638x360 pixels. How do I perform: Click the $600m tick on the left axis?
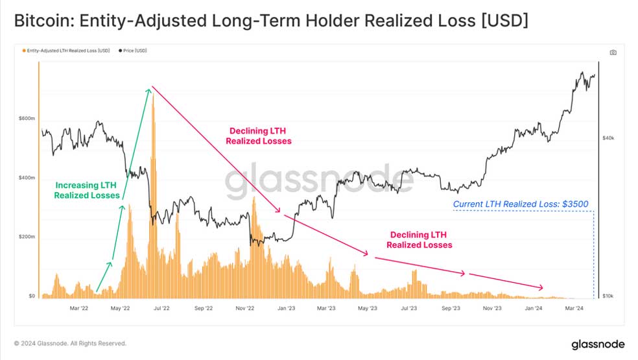(27, 119)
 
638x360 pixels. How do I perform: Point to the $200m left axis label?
(27, 237)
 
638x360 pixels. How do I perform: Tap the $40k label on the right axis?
(608, 138)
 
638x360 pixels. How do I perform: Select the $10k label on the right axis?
(608, 296)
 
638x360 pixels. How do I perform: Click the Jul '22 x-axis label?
(161, 308)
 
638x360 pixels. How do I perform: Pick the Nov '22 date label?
(244, 308)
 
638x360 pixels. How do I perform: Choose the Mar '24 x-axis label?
(574, 308)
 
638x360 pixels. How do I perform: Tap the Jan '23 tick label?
(286, 308)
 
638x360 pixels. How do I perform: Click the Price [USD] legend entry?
(133, 51)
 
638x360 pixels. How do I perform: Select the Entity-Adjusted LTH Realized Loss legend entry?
(66, 51)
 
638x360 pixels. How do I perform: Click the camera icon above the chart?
(613, 53)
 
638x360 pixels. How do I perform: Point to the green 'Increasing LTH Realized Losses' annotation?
(87, 190)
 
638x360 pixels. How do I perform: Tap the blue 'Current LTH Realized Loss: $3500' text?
(521, 204)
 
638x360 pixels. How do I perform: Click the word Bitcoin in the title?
(44, 21)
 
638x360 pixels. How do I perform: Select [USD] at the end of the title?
(504, 21)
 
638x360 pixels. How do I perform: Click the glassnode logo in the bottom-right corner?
(598, 344)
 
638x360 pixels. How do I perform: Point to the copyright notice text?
(70, 343)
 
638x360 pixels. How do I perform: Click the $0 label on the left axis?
(32, 296)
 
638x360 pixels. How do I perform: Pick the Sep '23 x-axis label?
(451, 308)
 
